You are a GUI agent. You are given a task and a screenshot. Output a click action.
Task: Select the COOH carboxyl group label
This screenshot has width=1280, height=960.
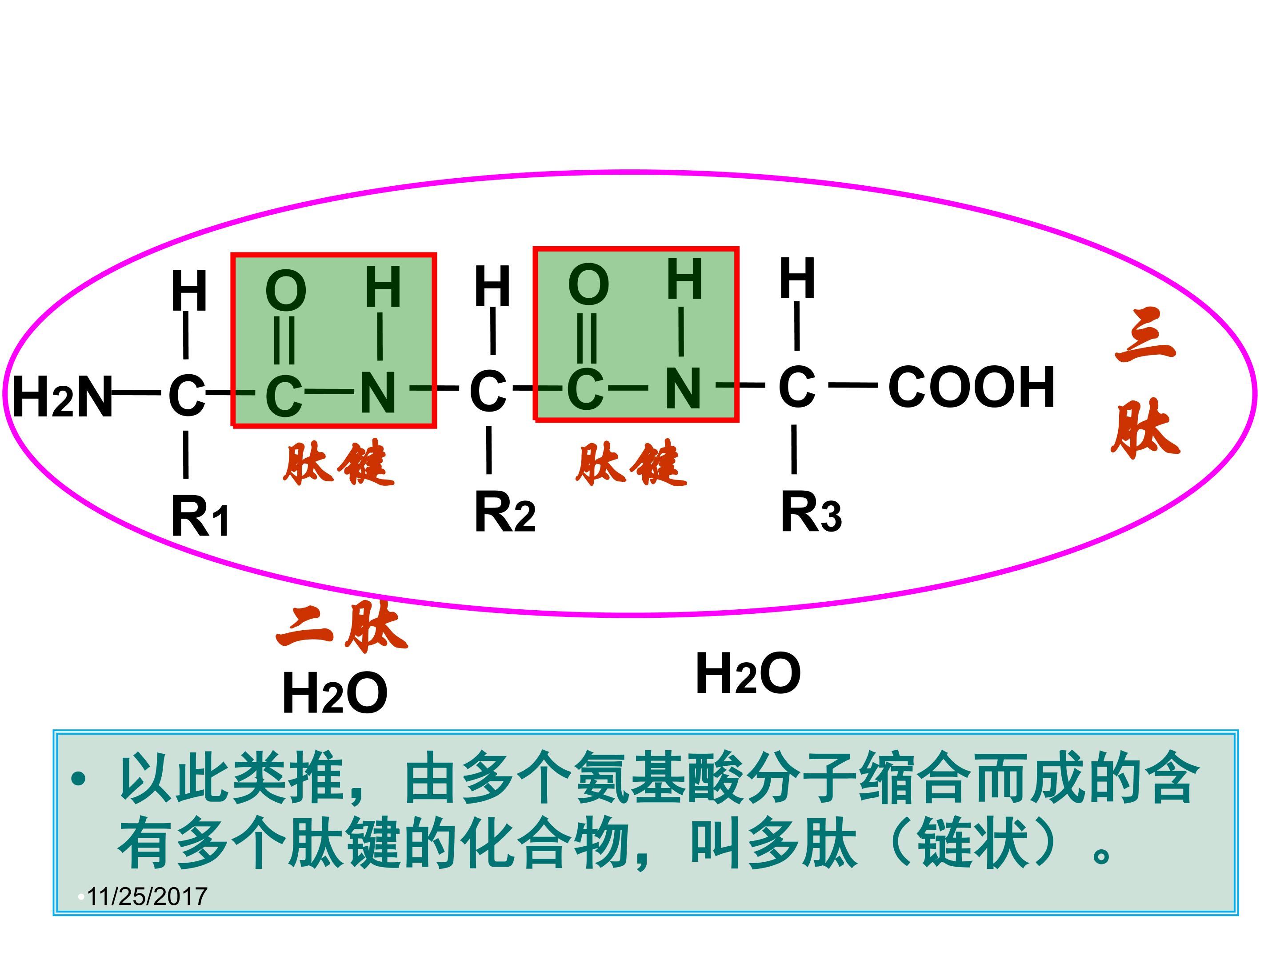coord(971,387)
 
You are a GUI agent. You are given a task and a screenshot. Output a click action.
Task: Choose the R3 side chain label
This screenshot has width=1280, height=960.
coord(810,512)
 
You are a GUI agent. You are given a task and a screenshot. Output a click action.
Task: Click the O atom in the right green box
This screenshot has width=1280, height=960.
coord(588,285)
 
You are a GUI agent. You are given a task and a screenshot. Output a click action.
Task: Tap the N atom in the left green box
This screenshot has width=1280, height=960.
coord(379,393)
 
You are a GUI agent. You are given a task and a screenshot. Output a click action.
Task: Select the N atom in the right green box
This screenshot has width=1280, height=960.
coord(683,388)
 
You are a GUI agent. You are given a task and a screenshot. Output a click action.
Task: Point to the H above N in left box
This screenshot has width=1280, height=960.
coord(383,288)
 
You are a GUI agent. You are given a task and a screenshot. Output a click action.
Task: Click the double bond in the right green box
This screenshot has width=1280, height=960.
coord(586,339)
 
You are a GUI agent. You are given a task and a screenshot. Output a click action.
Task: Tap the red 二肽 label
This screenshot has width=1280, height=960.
coord(341,628)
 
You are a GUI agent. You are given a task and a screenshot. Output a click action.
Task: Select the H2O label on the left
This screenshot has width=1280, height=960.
coord(335,693)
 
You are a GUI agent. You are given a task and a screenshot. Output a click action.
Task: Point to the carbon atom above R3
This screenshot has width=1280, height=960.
coord(797,387)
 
